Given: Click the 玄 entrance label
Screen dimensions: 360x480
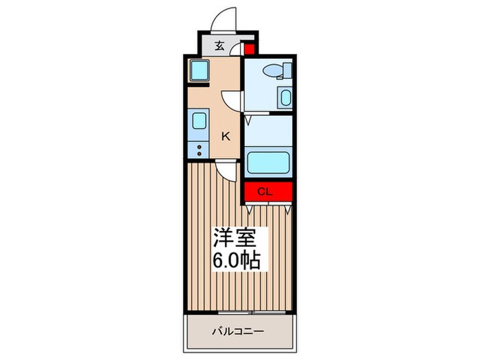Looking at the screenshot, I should pyautogui.click(x=219, y=47).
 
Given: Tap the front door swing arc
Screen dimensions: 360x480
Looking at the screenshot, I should pyautogui.click(x=224, y=20).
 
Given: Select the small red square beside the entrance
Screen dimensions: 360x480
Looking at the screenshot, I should pyautogui.click(x=249, y=49).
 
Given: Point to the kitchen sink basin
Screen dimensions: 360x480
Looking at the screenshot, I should pyautogui.click(x=199, y=121).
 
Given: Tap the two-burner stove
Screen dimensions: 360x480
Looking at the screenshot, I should pyautogui.click(x=198, y=149).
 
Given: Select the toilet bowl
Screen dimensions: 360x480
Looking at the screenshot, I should pyautogui.click(x=276, y=70).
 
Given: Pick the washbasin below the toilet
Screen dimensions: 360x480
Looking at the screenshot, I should pyautogui.click(x=285, y=97).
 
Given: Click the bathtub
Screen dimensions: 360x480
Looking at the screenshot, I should pyautogui.click(x=268, y=162).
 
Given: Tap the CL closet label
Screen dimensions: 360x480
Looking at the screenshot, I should pyautogui.click(x=266, y=192).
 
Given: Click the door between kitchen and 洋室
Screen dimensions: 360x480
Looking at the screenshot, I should pyautogui.click(x=228, y=169).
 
